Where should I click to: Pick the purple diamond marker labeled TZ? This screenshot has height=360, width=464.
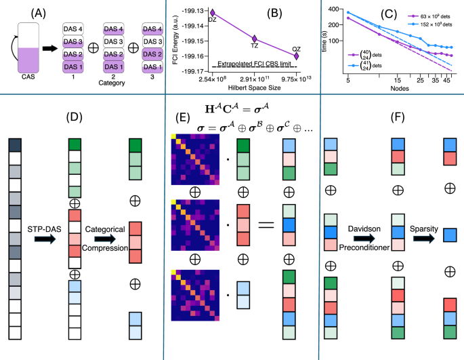pos(255,39)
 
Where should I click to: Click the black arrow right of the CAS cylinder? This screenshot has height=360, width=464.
pos(51,49)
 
